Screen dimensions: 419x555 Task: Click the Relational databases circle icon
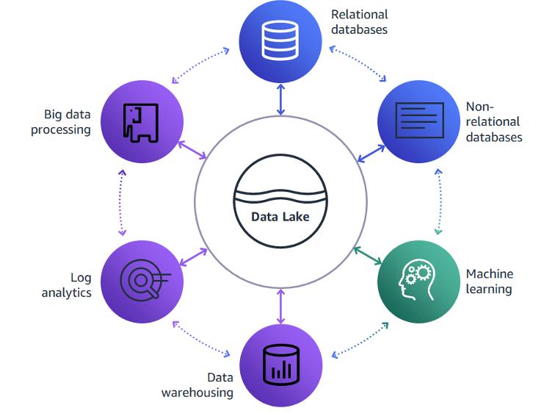pos(280,42)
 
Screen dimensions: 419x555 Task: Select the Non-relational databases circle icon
pos(418,121)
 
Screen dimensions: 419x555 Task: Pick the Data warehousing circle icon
pos(280,365)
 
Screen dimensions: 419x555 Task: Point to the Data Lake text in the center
pos(280,217)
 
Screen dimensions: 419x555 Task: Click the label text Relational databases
pos(359,22)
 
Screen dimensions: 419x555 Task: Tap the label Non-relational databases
pos(493,122)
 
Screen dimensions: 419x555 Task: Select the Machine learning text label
pos(490,282)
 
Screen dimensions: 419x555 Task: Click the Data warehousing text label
pos(197,385)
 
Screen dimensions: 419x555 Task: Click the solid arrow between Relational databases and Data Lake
pos(280,100)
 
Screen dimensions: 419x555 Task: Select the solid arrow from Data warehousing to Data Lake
pos(280,307)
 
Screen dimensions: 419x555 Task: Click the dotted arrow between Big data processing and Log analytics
pos(122,202)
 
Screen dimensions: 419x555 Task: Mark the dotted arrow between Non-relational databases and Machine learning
pos(438,202)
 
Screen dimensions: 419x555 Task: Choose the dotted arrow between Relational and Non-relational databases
pos(358,64)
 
